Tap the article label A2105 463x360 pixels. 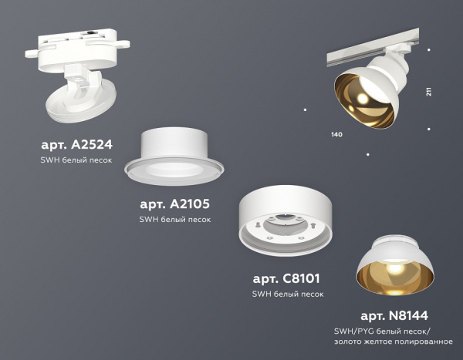pyautogui.click(x=174, y=204)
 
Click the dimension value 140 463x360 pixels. pyautogui.click(x=336, y=135)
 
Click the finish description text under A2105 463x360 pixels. pyautogui.click(x=175, y=219)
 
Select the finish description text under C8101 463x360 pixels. pyautogui.click(x=288, y=294)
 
